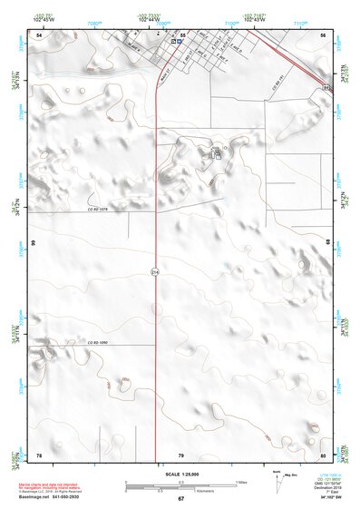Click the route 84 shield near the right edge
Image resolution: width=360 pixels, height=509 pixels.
click(325, 87)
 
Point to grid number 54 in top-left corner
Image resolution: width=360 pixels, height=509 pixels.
click(39, 34)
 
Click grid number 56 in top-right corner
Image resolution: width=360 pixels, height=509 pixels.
click(324, 34)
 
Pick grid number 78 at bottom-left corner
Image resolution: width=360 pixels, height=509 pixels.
click(39, 455)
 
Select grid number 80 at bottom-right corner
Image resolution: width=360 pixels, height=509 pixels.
click(324, 455)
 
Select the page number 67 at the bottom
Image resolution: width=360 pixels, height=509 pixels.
click(180, 498)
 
